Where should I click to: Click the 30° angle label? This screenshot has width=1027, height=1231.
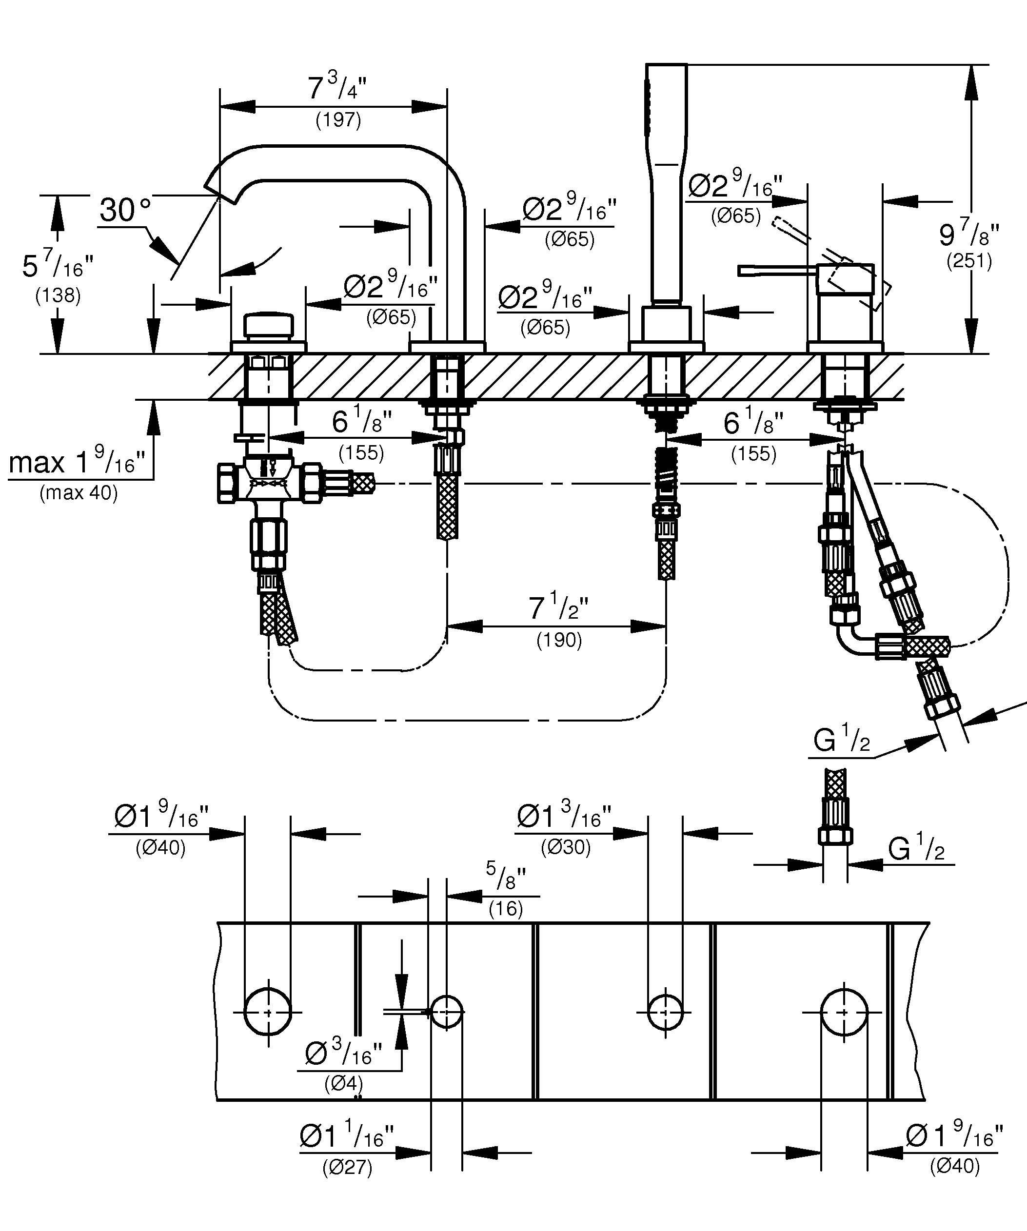click(x=125, y=210)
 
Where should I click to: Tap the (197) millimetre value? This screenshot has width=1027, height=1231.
click(x=338, y=120)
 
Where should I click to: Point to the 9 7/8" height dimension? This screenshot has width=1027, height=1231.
click(x=968, y=234)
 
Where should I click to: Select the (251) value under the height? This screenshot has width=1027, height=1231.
click(x=969, y=261)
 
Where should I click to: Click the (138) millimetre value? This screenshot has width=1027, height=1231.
click(x=58, y=295)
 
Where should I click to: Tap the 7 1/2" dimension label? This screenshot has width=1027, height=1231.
click(x=558, y=608)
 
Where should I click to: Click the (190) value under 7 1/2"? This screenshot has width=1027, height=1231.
click(x=559, y=640)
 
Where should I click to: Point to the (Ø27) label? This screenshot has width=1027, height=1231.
click(x=347, y=1168)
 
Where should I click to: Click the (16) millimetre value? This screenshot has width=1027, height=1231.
click(x=505, y=909)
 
